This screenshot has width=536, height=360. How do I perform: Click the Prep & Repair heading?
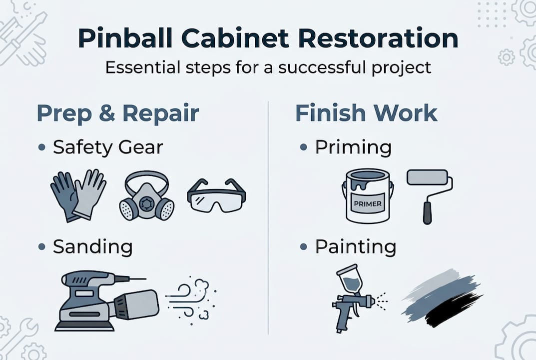click(118, 113)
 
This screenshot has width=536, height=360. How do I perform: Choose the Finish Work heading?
click(366, 113)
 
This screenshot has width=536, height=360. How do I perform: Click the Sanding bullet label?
click(93, 246)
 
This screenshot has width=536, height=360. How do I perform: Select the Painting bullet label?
click(355, 246)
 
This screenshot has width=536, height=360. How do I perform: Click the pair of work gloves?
click(78, 194)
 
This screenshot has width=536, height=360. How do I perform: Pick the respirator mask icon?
click(146, 196)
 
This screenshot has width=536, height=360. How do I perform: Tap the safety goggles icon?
click(216, 196)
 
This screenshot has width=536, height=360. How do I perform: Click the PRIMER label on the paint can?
click(367, 203)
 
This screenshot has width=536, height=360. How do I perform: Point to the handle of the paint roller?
click(428, 213)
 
